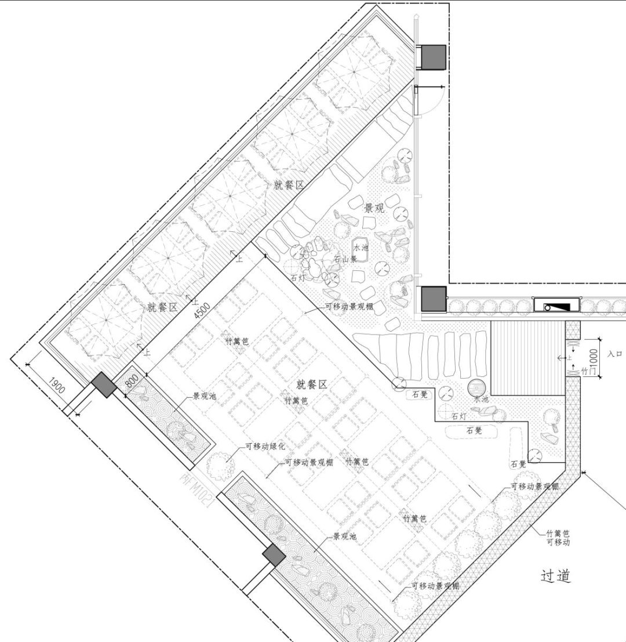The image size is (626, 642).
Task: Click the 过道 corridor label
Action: click(x=556, y=575)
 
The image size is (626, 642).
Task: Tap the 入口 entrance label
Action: click(x=615, y=353)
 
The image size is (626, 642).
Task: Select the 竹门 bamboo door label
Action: click(x=588, y=369)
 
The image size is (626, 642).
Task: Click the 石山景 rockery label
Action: click(x=345, y=259)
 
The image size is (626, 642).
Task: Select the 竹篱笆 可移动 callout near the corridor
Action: click(x=558, y=538)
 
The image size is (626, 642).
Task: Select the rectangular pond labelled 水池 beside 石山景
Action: click(x=361, y=250)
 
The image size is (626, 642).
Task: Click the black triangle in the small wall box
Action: click(x=562, y=306)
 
